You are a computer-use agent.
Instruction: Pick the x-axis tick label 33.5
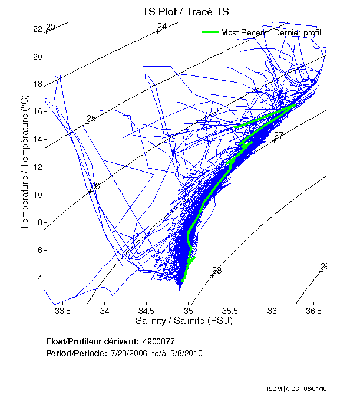point(62,310)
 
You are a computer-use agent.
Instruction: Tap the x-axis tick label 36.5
point(313,310)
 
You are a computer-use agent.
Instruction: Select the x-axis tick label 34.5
point(146,310)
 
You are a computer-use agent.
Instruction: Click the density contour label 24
point(162,26)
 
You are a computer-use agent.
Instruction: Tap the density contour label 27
point(279,136)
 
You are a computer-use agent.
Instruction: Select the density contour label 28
point(217,271)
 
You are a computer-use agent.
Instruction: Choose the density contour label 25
point(91,119)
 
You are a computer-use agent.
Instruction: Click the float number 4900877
point(158,341)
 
